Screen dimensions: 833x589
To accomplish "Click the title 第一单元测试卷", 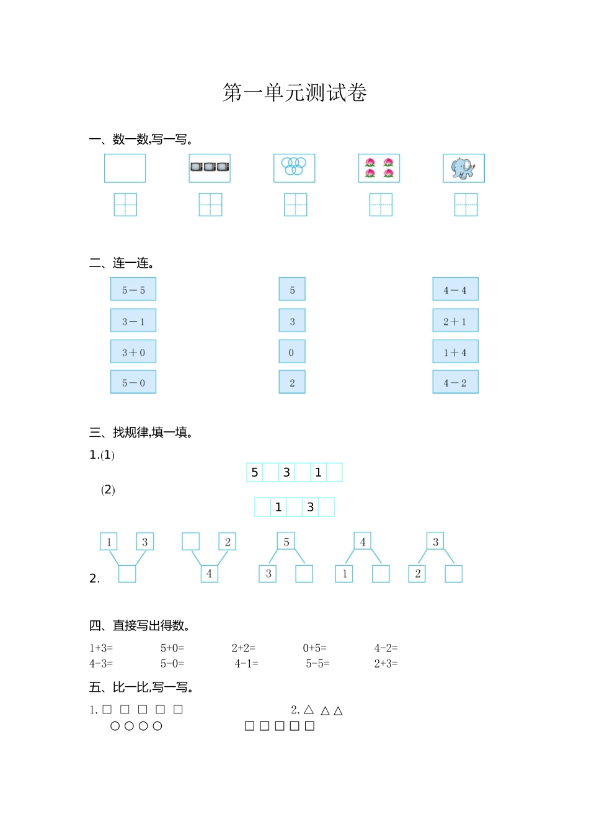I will coord(294,93).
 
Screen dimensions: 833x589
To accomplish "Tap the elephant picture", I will coord(463,168).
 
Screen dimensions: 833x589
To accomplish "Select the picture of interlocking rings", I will coord(294,168).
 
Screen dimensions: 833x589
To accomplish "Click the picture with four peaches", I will coord(379,168).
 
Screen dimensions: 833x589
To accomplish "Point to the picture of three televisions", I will coord(210,167).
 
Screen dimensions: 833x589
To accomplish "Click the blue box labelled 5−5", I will coord(133,289).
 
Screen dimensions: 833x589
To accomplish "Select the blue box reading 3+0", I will coord(133,352).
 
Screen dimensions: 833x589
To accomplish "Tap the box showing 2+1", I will coord(455,321).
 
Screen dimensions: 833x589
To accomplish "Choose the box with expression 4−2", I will coord(455,382).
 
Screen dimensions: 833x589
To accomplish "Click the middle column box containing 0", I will coord(292,352).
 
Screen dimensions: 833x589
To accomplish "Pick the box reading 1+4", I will coord(455,352).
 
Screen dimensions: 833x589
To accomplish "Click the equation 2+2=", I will coord(243,648).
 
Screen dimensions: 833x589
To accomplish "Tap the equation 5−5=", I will coord(317,664).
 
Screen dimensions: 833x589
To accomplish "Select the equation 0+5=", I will coord(314,648).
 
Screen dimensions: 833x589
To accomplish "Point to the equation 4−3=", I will coord(101,664).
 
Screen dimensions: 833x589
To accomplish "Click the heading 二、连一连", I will coord(122,263).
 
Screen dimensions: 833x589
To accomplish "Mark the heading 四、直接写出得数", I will coord(139,625).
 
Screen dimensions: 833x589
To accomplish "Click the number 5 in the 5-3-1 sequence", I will coord(255,472).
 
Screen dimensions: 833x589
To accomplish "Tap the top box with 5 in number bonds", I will coord(286,542).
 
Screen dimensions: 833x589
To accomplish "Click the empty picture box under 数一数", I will coord(125,168).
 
